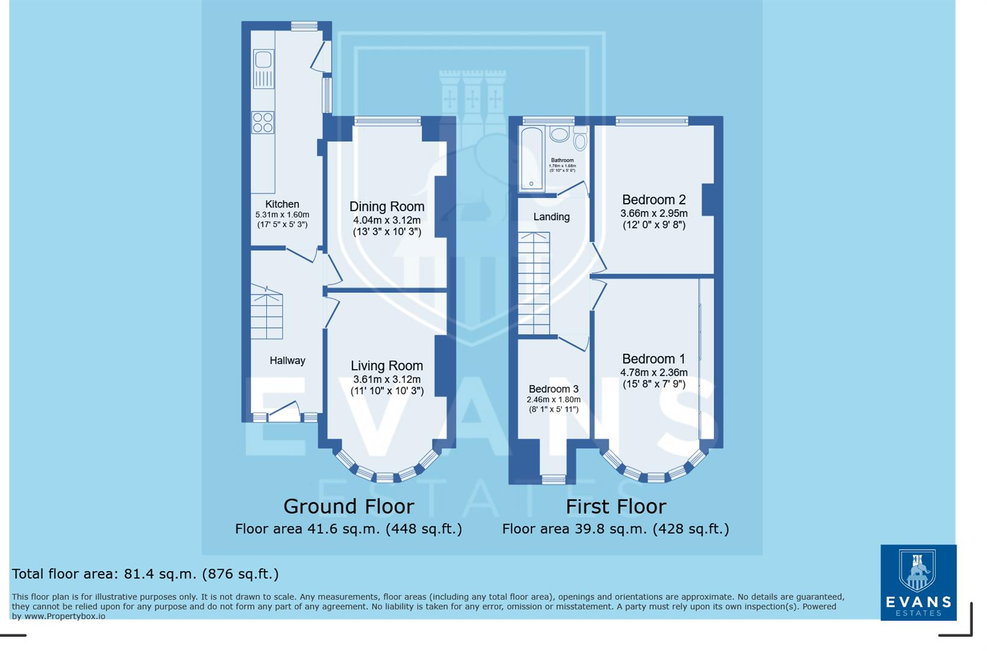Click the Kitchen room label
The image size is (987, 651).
tap(282, 204)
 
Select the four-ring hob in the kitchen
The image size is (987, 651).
tap(263, 122)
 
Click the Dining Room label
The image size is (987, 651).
tap(387, 207)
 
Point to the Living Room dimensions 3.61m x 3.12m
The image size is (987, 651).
tap(387, 379)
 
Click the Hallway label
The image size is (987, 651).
tap(287, 360)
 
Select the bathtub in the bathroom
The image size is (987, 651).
tap(531, 159)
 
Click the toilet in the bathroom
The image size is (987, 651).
tap(580, 140)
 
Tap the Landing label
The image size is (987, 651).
tap(551, 217)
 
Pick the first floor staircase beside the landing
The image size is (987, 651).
tap(533, 283)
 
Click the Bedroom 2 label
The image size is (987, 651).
tap(654, 200)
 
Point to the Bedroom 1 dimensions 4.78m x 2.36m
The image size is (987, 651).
tap(654, 373)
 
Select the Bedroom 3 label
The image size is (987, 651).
tap(553, 389)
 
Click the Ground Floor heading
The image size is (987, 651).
tap(348, 506)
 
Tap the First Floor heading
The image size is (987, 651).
tap(615, 506)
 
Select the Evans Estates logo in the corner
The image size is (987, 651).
tap(918, 582)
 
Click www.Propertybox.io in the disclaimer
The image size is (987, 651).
tap(64, 616)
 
